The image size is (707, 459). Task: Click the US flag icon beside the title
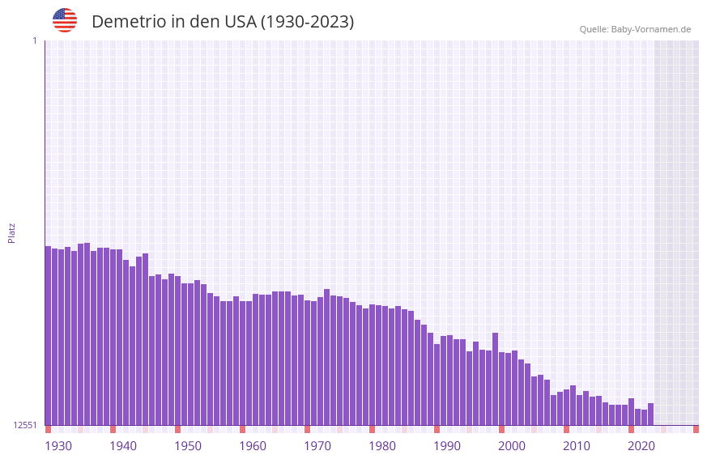65,20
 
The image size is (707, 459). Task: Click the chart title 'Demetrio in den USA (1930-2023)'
223,22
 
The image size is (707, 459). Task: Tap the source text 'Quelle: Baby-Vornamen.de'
635,29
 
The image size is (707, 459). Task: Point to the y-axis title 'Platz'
11,232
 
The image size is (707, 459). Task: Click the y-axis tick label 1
35,40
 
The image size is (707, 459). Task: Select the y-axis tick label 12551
25,425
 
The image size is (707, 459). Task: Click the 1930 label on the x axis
58,446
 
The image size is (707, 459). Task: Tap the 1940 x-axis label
123,446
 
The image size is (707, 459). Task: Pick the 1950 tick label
188,446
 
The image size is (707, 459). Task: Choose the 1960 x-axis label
253,446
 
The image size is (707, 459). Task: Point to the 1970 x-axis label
317,446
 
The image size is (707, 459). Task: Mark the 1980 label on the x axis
382,446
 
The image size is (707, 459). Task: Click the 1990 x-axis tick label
447,446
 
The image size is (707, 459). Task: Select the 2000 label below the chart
512,446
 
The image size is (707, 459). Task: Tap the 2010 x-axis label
577,446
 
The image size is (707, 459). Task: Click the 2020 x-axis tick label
641,446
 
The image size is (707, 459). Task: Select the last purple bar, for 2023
650,414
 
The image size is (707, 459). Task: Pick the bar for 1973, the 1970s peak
326,357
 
